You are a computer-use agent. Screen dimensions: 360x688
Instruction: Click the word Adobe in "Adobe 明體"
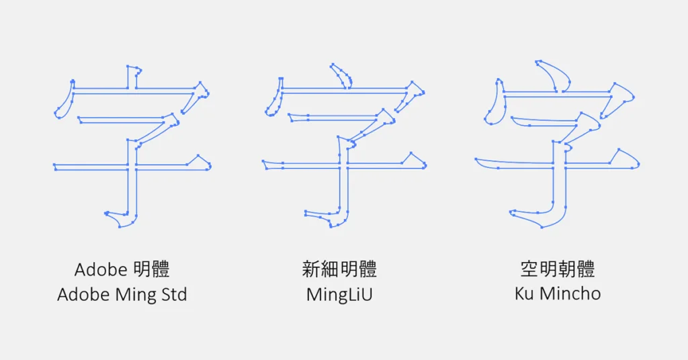101,270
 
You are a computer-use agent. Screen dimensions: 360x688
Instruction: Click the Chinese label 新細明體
339,270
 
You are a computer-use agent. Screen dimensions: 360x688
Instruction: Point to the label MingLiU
339,295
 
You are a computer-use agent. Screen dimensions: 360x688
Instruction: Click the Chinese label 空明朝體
558,270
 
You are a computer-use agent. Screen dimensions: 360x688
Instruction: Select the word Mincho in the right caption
571,294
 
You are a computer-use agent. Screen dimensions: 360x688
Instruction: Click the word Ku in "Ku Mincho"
523,294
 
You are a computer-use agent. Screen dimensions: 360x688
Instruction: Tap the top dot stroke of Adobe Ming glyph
133,75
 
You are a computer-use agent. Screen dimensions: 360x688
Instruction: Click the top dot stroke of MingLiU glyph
341,75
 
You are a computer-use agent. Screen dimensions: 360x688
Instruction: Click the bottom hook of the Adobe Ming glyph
121,220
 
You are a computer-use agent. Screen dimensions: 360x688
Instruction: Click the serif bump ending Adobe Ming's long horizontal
200,161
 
